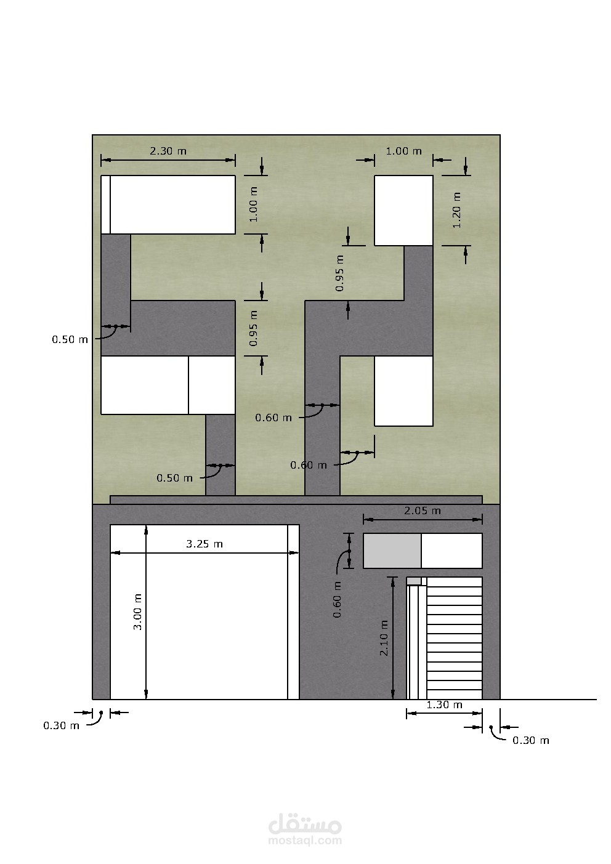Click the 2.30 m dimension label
coord(168,151)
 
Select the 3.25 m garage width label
coord(204,544)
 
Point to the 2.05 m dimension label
coord(423,511)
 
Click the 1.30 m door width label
coord(444,705)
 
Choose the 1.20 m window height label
coord(456,210)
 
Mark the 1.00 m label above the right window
coord(404,151)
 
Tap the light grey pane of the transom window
coord(392,551)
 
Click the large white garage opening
coord(199,612)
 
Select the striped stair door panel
coord(455,638)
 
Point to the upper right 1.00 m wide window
coord(403,210)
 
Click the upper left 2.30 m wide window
coord(168,204)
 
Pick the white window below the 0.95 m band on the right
coord(403,390)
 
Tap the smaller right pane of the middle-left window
coord(212,385)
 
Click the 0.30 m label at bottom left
coord(62,725)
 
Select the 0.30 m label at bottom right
coord(531,740)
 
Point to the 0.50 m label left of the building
coord(70,339)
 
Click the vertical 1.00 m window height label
coord(253,204)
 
